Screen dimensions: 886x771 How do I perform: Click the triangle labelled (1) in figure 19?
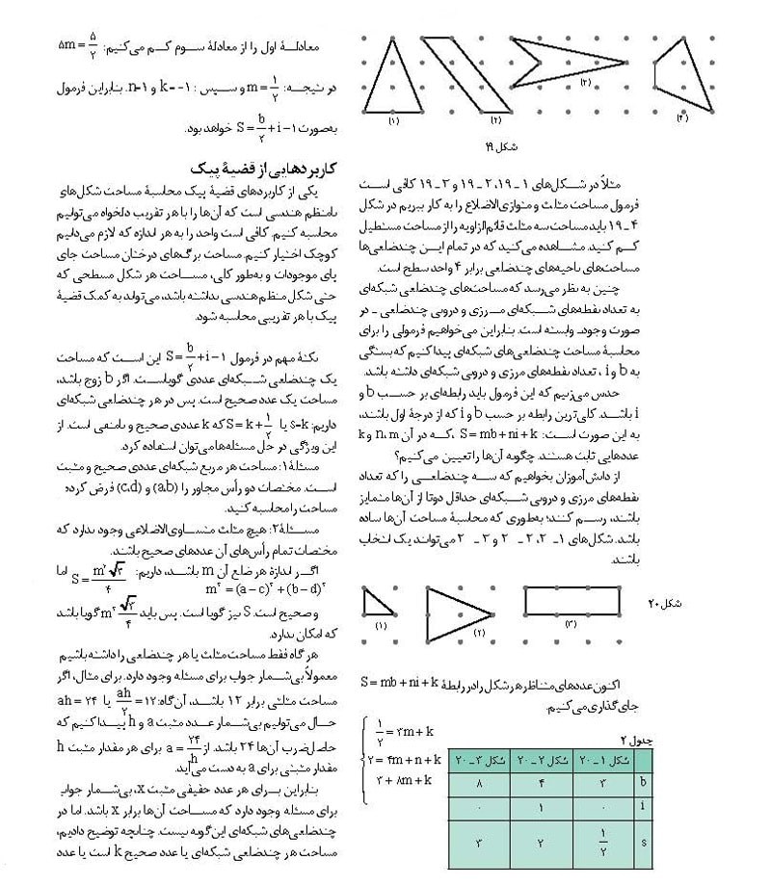tap(393, 83)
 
